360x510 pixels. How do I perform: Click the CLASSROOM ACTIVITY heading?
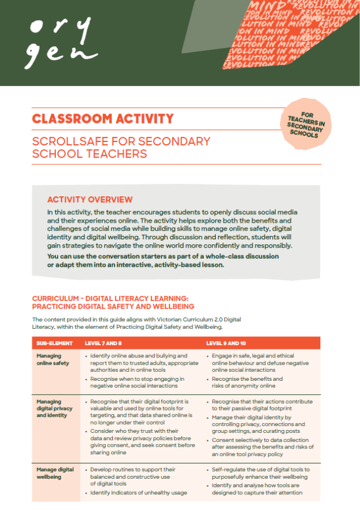103,119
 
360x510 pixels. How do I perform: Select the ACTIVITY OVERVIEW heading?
90,200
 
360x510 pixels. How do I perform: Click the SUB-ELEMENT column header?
52,343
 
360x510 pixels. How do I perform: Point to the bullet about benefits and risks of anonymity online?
247,382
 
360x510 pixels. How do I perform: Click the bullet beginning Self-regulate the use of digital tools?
260,473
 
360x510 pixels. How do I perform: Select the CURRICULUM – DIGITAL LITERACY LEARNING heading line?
112,299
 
